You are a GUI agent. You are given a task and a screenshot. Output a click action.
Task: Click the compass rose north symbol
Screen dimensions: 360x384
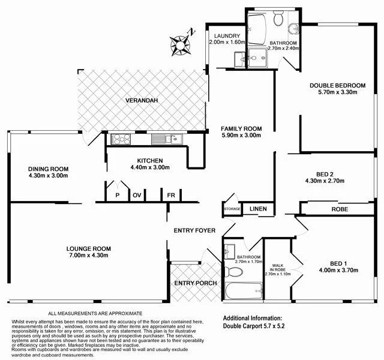(x=179, y=44)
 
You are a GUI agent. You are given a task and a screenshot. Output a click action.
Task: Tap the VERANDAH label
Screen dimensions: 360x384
(x=142, y=100)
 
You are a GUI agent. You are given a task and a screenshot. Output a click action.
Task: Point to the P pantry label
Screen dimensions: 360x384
(x=118, y=195)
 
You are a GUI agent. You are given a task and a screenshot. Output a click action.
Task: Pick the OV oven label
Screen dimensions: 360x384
(x=137, y=195)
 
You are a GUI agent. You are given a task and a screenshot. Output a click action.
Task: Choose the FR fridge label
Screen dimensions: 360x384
(x=171, y=195)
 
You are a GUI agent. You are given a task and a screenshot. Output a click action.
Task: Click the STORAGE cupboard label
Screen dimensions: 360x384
(x=232, y=209)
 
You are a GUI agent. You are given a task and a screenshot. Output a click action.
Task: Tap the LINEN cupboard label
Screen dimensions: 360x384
(x=258, y=209)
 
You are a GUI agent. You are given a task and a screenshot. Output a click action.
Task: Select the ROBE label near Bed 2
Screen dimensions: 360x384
(x=340, y=209)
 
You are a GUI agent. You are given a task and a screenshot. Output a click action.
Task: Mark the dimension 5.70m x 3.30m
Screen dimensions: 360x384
(x=337, y=92)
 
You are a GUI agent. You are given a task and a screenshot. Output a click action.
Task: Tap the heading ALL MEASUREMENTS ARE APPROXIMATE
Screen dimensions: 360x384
(x=95, y=314)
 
